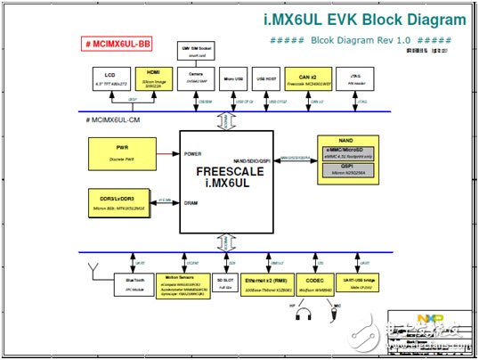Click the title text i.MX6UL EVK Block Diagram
coord(351,19)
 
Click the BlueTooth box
coord(134,282)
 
